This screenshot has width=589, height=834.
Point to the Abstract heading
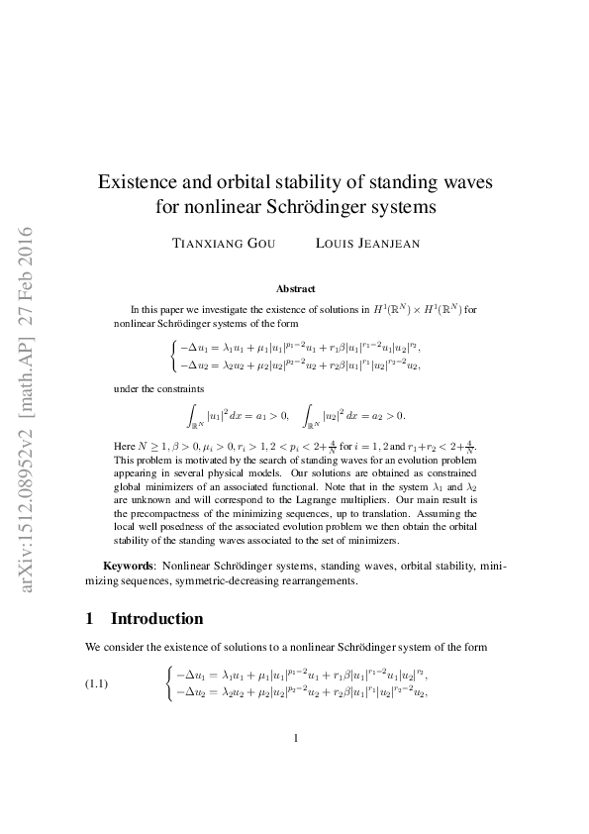295,289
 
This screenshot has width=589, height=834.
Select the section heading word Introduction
156,619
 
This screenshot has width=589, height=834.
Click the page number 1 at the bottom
295,738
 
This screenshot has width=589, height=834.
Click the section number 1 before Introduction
90,619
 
